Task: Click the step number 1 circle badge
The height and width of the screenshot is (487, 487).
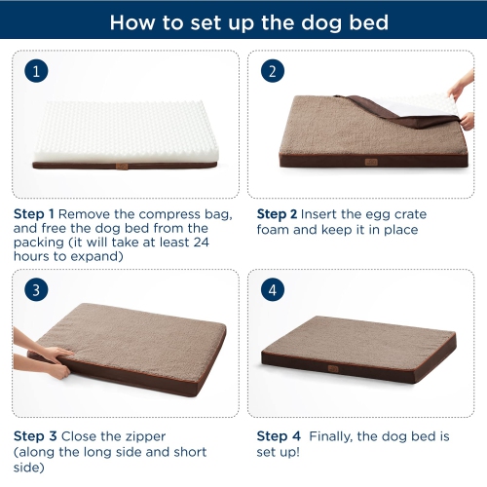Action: (36, 71)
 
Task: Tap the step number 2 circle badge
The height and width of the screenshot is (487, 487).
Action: (274, 71)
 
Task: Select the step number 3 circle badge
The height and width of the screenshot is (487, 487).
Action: (36, 289)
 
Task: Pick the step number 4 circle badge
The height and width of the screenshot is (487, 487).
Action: (274, 289)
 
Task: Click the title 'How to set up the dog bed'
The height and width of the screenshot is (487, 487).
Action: (243, 22)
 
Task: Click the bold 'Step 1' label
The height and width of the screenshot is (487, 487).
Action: (33, 213)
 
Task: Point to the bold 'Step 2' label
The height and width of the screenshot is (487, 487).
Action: (276, 213)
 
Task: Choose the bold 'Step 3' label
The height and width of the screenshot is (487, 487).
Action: (33, 434)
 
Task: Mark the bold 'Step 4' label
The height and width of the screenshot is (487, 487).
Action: (276, 434)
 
